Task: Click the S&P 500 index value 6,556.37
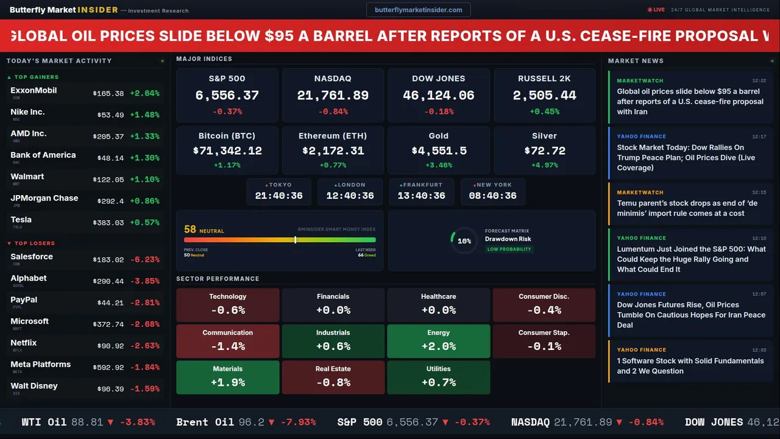pos(227,96)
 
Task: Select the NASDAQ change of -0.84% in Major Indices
pos(333,112)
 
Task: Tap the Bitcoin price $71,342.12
pos(227,151)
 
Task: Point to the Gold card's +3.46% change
pos(438,165)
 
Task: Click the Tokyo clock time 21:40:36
pos(279,196)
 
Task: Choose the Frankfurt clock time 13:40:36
pos(421,196)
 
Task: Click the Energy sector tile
pos(438,341)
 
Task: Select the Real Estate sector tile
pos(333,377)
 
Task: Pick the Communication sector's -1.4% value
pos(227,346)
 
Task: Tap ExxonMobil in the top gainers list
pos(34,91)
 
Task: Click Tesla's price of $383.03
pos(108,223)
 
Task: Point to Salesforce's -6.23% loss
pos(144,260)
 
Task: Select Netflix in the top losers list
pos(24,343)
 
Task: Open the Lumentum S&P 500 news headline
pos(691,259)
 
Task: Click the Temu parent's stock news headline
pos(687,208)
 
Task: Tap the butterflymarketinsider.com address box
pos(418,10)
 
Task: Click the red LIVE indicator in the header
pos(656,10)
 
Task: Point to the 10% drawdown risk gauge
pos(464,241)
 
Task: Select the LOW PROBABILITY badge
pos(509,249)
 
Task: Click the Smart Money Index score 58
pos(190,230)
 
